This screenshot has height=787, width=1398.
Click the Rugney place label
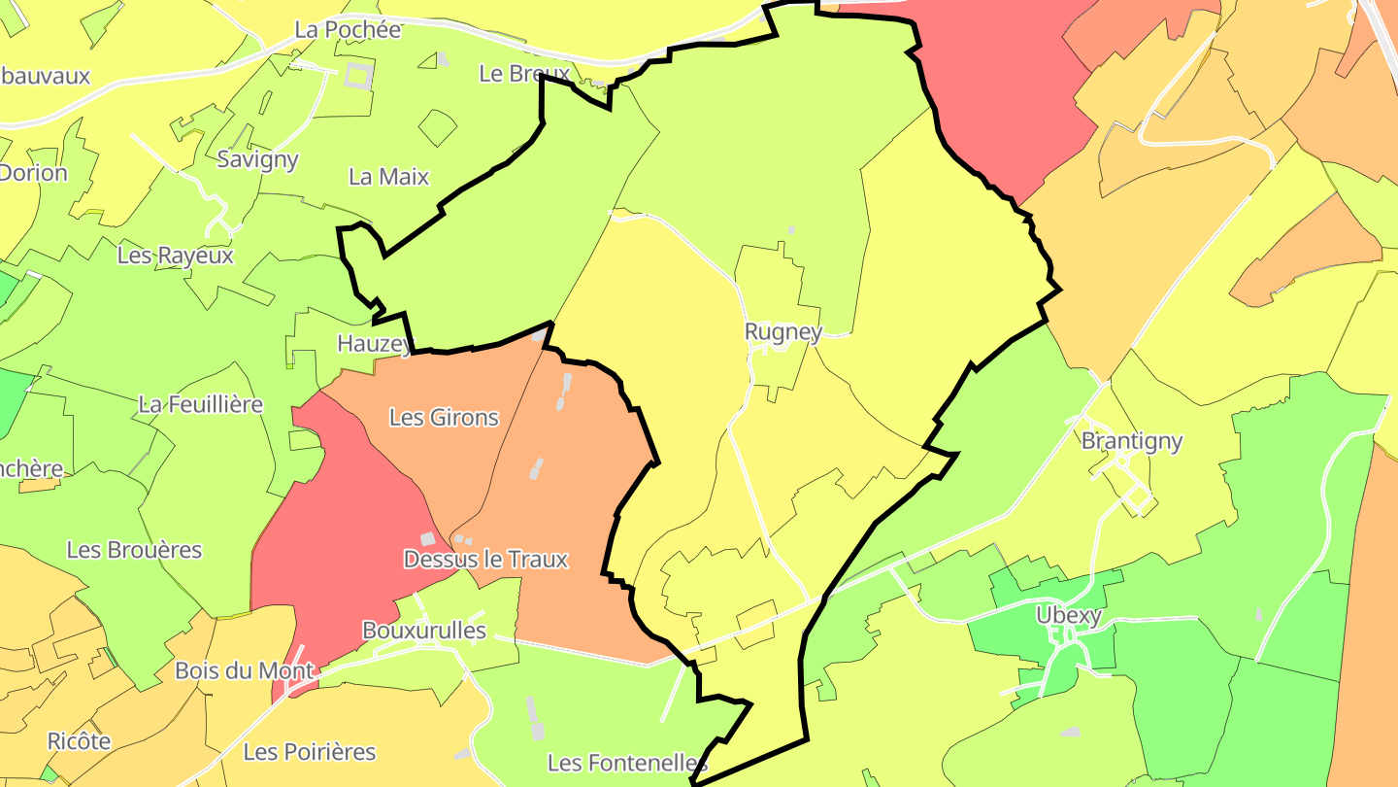[782, 332]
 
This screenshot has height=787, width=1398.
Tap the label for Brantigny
[1132, 441]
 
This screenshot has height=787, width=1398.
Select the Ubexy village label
[1068, 615]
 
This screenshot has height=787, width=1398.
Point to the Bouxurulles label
[423, 631]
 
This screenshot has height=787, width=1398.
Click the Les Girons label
[444, 418]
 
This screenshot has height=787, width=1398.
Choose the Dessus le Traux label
[485, 560]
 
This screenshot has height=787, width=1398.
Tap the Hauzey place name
[373, 343]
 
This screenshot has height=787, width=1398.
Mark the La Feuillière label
[201, 404]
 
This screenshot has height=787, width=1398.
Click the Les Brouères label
[134, 550]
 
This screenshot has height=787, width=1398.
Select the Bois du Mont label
[244, 671]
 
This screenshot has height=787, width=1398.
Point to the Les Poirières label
[309, 752]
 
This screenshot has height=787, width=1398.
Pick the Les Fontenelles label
[626, 763]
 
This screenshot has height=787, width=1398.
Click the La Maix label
[388, 177]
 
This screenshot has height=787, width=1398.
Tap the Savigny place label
[257, 159]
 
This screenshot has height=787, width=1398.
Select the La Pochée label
[348, 29]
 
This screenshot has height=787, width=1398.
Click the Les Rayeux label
[176, 256]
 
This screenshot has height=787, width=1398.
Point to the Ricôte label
[80, 741]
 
